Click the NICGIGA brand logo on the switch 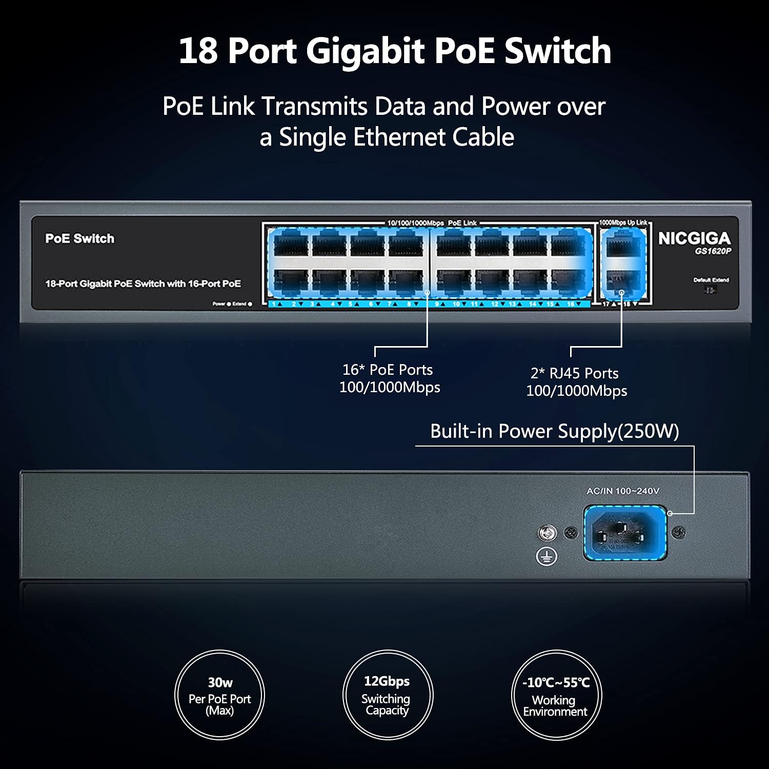pyautogui.click(x=694, y=238)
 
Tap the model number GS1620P pyautogui.click(x=713, y=251)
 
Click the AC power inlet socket pyautogui.click(x=625, y=533)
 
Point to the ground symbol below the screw pyautogui.click(x=547, y=556)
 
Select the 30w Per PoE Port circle pyautogui.click(x=219, y=695)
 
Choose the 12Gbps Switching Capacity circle pyautogui.click(x=387, y=695)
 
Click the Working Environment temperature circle pyautogui.click(x=556, y=695)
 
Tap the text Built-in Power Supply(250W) pyautogui.click(x=554, y=431)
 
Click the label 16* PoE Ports pyautogui.click(x=388, y=370)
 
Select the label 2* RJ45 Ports pyautogui.click(x=574, y=373)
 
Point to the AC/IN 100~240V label pyautogui.click(x=622, y=491)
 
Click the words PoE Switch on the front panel pyautogui.click(x=80, y=238)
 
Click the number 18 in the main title pyautogui.click(x=198, y=51)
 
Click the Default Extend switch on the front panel pyautogui.click(x=710, y=290)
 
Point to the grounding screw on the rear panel pyautogui.click(x=547, y=533)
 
